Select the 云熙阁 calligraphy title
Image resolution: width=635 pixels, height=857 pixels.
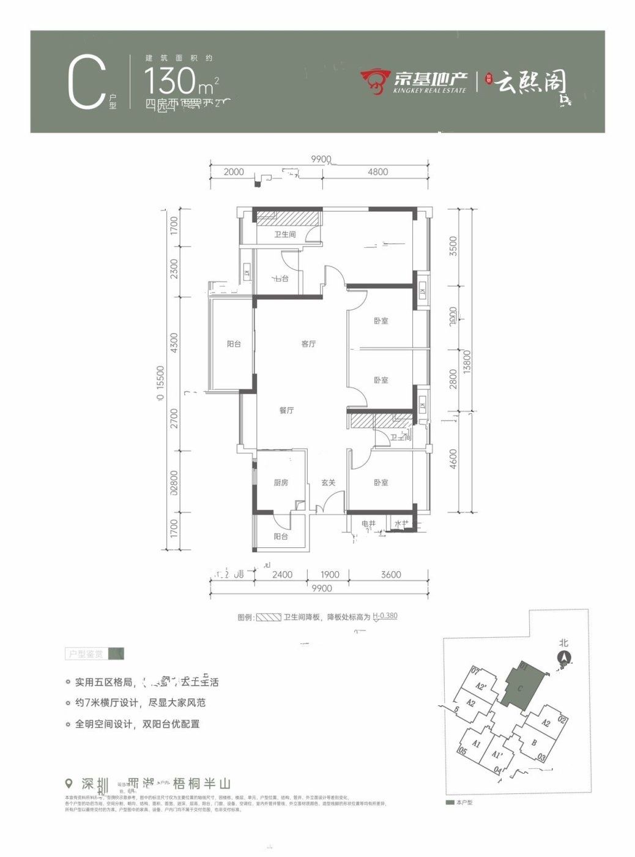click(531, 82)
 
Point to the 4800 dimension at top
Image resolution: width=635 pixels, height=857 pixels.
click(377, 172)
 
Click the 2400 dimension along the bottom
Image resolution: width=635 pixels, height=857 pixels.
click(283, 574)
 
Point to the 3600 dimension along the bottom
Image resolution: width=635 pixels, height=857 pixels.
click(391, 574)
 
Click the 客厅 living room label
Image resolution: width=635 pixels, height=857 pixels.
click(308, 344)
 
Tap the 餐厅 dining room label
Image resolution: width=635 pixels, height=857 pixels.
click(286, 411)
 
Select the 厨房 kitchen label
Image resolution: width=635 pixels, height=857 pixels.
click(281, 483)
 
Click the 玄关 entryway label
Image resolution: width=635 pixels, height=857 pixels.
click(329, 483)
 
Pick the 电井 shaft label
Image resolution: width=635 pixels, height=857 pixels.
click(368, 524)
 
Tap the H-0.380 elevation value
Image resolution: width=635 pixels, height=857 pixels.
click(385, 616)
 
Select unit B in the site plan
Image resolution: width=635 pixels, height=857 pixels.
click(534, 744)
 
